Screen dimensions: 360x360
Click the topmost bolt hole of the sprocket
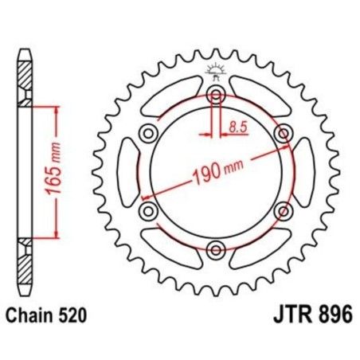point(216,96)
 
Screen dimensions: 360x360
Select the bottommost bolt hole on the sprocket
point(216,251)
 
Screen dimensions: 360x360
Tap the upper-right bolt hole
point(283,134)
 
